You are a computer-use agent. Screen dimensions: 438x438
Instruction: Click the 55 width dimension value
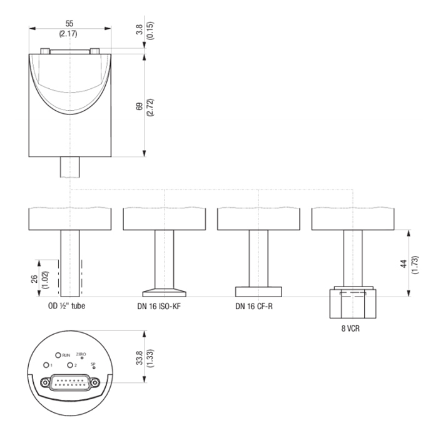point(69,24)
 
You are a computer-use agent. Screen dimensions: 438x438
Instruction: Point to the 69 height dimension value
point(140,106)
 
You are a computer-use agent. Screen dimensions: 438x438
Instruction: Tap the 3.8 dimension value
point(140,29)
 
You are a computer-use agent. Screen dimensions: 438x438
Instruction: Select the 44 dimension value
point(404,263)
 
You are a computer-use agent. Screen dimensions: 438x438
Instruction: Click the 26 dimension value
point(34,279)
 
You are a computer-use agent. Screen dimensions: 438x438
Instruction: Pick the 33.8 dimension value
point(140,358)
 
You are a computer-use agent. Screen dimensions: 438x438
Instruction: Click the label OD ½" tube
point(66,306)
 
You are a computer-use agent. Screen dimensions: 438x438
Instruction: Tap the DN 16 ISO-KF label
point(159,307)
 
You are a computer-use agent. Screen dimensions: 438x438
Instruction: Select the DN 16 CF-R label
point(254,307)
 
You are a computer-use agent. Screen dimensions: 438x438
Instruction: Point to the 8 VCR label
point(350,328)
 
